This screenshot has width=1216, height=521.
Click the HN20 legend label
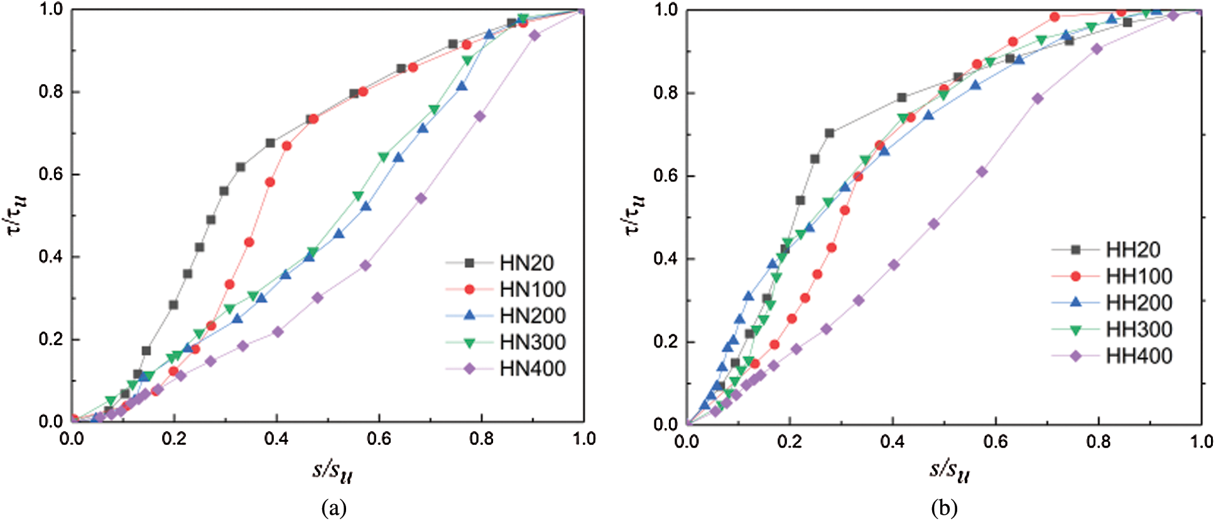tap(526, 263)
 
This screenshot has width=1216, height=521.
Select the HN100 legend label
tap(533, 289)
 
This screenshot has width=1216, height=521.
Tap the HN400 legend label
tap(533, 368)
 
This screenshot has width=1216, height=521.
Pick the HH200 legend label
tap(1139, 303)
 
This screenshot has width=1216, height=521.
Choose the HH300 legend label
tap(1139, 329)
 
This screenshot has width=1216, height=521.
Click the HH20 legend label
tap(1132, 250)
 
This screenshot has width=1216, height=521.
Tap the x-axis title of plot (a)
tap(332, 471)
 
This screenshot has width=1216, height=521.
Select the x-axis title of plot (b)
tap(949, 471)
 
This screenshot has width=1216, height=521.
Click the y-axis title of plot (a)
tap(18, 214)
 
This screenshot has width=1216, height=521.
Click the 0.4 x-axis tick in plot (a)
tap(276, 439)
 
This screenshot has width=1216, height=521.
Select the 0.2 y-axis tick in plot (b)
tap(666, 342)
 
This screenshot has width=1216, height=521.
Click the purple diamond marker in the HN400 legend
tap(469, 368)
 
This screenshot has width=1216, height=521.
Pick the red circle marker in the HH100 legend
tap(1075, 276)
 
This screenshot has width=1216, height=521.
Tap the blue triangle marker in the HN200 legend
tap(469, 315)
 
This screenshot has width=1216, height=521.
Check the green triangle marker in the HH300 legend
tap(1075, 329)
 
